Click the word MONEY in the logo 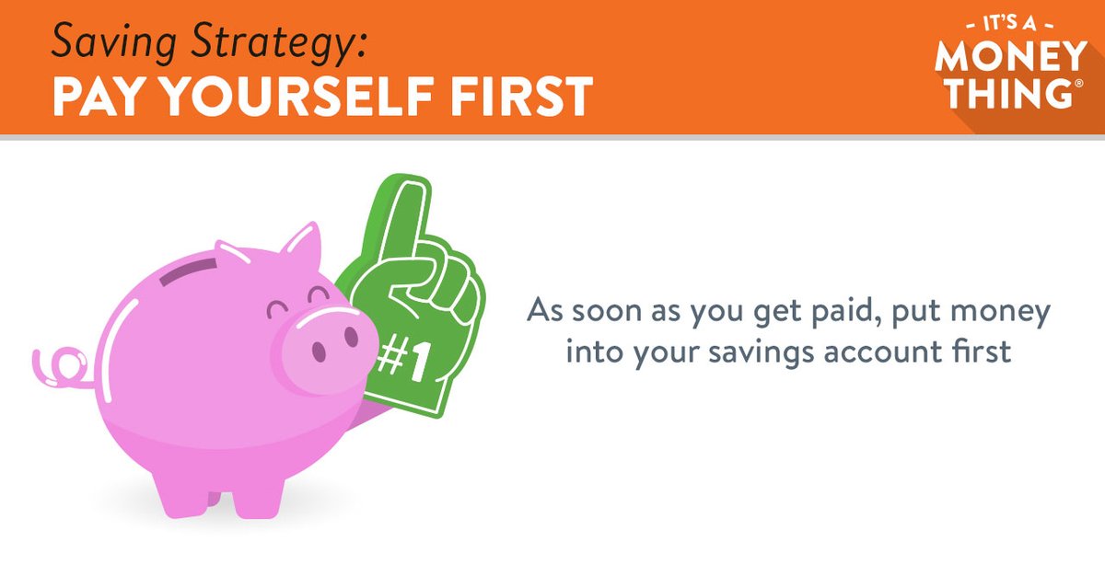1011,57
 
